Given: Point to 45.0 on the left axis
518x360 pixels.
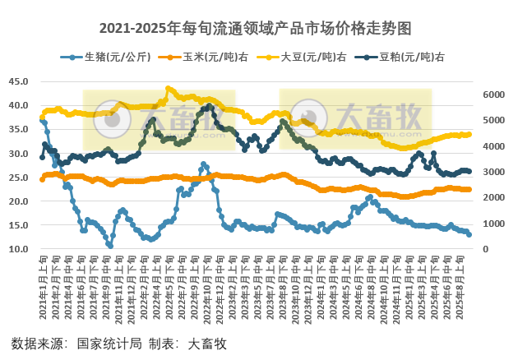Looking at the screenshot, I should (x=18, y=81).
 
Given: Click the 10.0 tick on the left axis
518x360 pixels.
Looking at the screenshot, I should (x=18, y=249).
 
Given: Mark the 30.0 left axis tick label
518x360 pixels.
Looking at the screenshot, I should (x=18, y=154).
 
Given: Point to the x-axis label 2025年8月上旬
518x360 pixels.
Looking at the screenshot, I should (x=459, y=284).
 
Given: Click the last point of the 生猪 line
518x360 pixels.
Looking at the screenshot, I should (x=469, y=234).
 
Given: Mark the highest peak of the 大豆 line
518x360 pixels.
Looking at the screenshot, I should (x=168, y=89).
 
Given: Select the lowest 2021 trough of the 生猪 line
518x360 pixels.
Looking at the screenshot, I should (x=110, y=245).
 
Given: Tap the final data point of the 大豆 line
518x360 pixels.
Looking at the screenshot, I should (x=469, y=134).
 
